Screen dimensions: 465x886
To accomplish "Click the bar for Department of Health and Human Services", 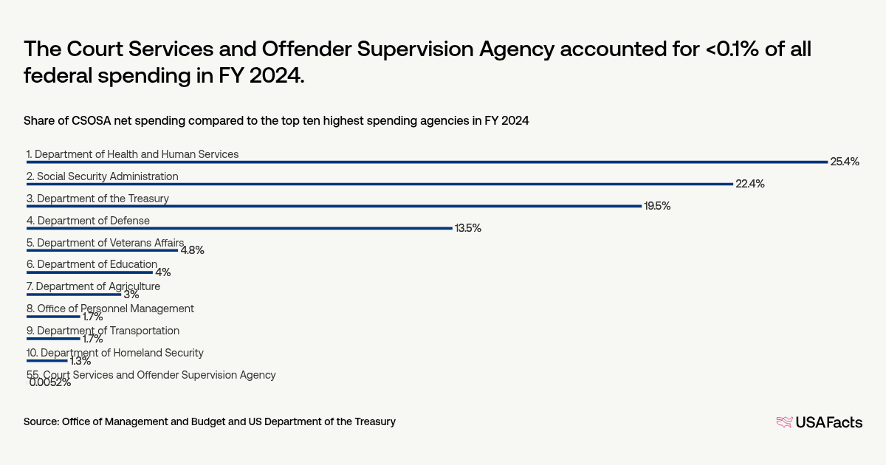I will (x=427, y=162).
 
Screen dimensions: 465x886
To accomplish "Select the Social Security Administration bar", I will (x=380, y=185).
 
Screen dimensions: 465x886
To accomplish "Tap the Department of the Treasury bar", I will (x=334, y=207).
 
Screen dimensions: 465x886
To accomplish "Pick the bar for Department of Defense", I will (x=239, y=229).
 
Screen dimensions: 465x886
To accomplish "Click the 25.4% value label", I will (x=845, y=162).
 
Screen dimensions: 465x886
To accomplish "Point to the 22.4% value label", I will (x=750, y=184).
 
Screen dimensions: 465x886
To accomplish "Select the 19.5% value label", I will (x=656, y=206).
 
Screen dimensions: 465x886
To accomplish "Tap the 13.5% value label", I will (x=467, y=228).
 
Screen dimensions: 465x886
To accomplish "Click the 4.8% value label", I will (x=192, y=250).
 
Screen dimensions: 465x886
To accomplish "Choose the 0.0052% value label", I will (x=50, y=382).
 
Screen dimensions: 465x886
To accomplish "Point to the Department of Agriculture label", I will (x=93, y=286).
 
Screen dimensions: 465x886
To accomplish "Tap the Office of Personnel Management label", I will (x=110, y=309).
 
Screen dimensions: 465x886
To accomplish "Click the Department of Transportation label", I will (x=103, y=331).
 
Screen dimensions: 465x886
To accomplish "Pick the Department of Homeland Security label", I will (x=114, y=353).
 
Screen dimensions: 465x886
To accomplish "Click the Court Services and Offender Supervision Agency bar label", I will (x=151, y=375).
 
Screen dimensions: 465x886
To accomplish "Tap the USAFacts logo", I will (x=819, y=422).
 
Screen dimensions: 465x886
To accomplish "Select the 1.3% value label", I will (x=80, y=361).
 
